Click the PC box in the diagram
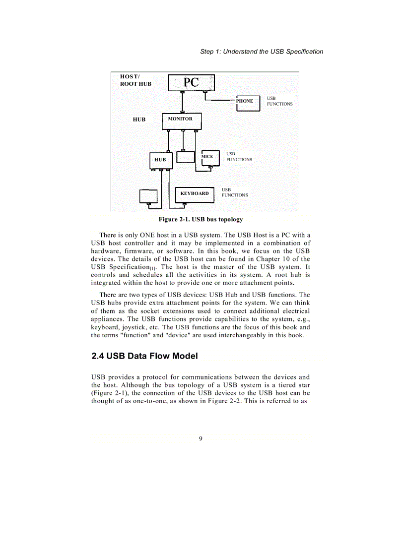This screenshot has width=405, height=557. (x=191, y=82)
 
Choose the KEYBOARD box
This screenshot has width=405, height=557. (x=195, y=194)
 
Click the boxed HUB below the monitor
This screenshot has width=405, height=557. (x=161, y=160)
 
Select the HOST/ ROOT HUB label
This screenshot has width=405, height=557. (x=135, y=80)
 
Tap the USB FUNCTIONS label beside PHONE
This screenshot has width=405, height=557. (x=279, y=101)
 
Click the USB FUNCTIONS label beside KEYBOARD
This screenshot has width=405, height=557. (x=234, y=192)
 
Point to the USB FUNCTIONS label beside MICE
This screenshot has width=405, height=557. (x=239, y=157)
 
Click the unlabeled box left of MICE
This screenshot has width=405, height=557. (x=186, y=157)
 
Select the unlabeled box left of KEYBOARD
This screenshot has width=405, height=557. (x=148, y=196)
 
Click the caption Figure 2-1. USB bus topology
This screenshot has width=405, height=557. (x=201, y=219)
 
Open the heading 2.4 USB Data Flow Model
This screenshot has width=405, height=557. (x=144, y=356)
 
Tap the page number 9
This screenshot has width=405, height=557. (x=201, y=438)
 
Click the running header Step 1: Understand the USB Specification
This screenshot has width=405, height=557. (x=262, y=52)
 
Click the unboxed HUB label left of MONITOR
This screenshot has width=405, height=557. (x=139, y=120)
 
